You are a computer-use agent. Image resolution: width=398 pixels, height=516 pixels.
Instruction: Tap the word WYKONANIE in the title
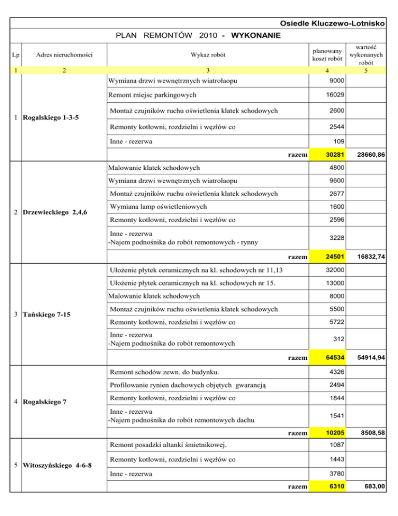click(x=255, y=36)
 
